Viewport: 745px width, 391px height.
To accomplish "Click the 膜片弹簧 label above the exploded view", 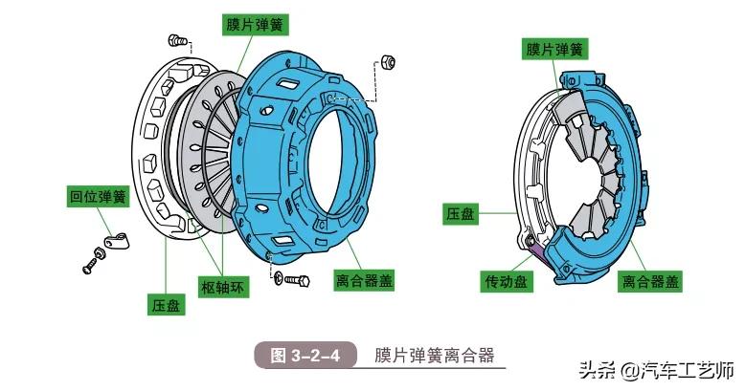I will (258, 23).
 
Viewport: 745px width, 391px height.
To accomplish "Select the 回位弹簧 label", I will (98, 197).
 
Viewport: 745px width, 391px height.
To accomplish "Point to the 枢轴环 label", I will (225, 286).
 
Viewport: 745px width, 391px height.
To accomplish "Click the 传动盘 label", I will (507, 281).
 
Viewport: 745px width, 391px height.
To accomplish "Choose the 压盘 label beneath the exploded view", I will (165, 305).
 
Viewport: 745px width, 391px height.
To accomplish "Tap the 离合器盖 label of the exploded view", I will (365, 281).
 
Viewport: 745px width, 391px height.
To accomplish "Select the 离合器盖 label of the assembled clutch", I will (650, 281).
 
